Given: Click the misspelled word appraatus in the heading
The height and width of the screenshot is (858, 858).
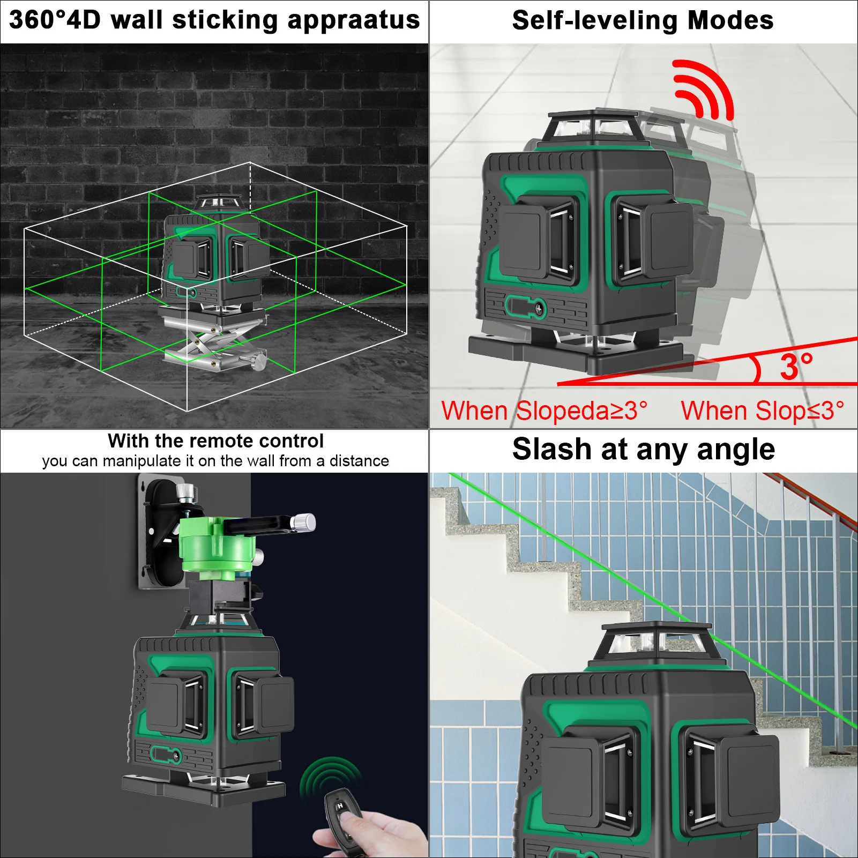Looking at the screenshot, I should tap(353, 20).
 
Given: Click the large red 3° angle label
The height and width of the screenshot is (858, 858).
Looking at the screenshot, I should tap(796, 367).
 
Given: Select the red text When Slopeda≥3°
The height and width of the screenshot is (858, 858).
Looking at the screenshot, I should tap(544, 411).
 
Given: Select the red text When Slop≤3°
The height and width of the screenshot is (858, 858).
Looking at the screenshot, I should tap(762, 411).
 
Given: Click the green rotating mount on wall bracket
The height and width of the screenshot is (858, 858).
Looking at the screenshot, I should tap(217, 547).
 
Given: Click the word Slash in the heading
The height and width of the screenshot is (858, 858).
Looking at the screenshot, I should tap(551, 449).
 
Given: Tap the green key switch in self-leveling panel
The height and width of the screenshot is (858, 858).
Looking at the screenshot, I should tap(525, 308).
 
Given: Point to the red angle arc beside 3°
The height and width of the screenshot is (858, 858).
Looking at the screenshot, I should tap(757, 369).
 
